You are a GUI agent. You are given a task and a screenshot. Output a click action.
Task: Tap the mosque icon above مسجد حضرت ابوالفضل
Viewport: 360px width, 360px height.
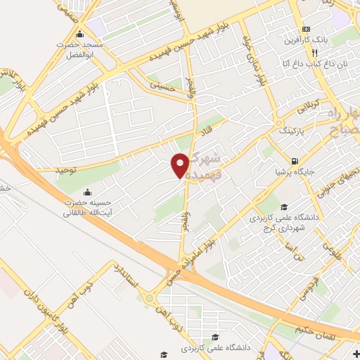point(79,34)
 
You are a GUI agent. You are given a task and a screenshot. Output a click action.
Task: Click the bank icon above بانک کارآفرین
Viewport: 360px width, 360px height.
point(305,29)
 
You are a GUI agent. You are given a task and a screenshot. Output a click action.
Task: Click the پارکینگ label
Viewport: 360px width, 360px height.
point(293,131)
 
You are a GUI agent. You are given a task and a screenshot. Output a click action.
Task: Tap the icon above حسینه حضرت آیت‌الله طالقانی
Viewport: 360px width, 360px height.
point(87,192)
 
